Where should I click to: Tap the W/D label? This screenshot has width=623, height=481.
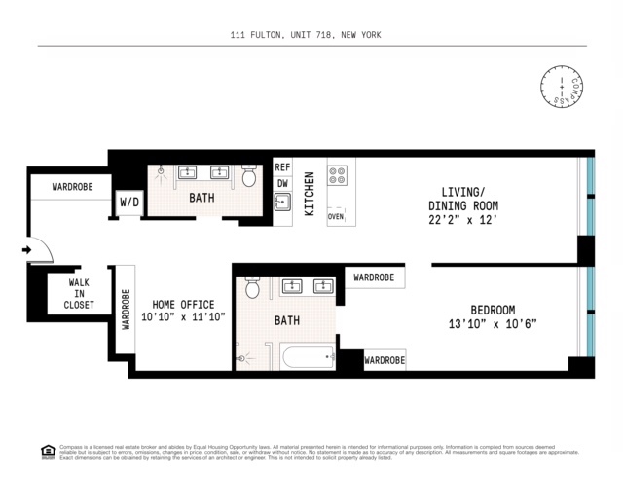129,203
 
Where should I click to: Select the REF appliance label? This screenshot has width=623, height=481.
282,167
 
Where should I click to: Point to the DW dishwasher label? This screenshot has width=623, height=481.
282,183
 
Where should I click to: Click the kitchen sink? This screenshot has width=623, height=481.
282,203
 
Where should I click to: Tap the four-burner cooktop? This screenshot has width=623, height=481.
337,176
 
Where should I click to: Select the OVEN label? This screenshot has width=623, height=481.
336,217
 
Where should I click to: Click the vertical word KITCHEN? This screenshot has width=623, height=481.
310,194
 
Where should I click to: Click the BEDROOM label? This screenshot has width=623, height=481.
493,309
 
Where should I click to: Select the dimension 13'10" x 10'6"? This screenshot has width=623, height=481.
493,323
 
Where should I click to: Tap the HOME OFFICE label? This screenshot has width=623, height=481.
183,302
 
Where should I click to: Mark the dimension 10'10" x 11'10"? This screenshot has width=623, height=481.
183,317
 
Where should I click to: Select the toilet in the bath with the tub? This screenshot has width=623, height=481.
252,288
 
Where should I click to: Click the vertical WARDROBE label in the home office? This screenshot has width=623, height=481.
126,310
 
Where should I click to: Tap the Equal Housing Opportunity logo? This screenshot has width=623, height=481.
47,451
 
